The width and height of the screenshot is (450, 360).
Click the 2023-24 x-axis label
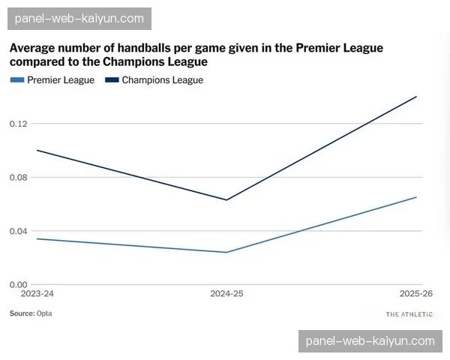[x=37, y=294]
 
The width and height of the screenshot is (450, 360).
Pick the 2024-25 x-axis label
[x=226, y=294]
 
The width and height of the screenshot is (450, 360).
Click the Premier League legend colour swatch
[x=16, y=80]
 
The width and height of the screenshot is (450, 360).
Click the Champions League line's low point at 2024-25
[x=226, y=200]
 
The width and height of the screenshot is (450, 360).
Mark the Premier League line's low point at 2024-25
[x=226, y=252]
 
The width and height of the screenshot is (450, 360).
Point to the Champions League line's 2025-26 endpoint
[x=416, y=96]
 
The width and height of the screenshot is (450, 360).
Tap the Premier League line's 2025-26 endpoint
[x=416, y=197]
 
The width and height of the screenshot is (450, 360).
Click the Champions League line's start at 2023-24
[x=37, y=150]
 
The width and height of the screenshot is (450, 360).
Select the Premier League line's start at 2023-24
[x=37, y=238]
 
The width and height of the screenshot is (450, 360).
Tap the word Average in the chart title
[x=34, y=48]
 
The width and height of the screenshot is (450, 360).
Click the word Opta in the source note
[x=44, y=313]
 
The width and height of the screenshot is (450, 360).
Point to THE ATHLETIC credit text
[x=409, y=314]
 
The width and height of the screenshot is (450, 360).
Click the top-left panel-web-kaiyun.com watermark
[x=79, y=18]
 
